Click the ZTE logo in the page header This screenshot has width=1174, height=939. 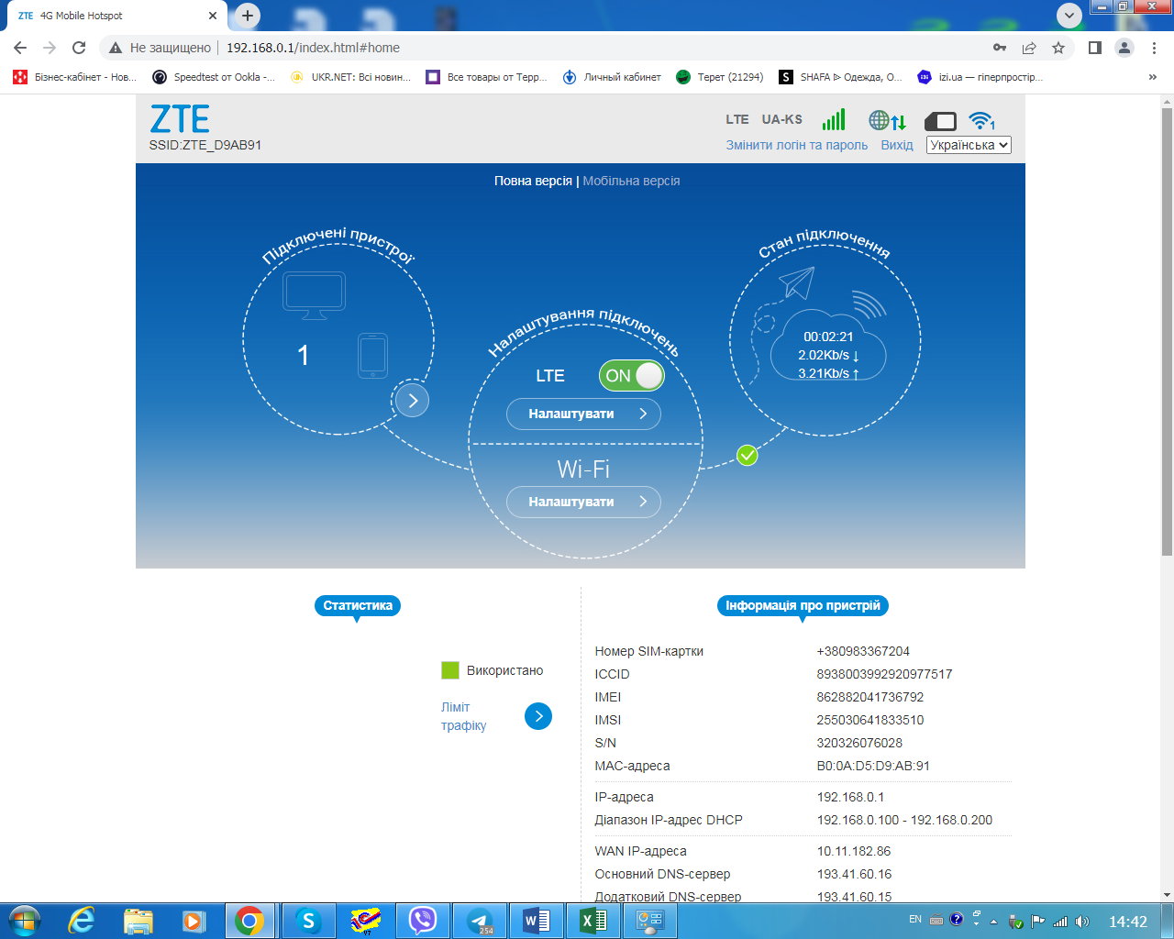click(x=180, y=118)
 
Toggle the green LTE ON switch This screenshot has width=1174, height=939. click(x=631, y=375)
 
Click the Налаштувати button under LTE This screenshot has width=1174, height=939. click(x=583, y=414)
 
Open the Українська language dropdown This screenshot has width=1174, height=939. click(x=969, y=145)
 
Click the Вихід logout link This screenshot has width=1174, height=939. click(x=896, y=145)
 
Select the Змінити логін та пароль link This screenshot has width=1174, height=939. click(x=796, y=145)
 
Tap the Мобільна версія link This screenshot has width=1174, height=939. click(x=631, y=181)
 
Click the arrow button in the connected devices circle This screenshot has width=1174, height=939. click(x=413, y=401)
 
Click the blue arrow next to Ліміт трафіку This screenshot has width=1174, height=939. click(x=537, y=716)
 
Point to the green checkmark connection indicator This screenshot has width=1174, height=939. click(x=747, y=455)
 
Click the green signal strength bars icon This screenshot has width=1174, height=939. click(x=834, y=119)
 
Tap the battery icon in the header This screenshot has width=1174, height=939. click(x=940, y=121)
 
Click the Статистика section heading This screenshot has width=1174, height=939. click(x=358, y=605)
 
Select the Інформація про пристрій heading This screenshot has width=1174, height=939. click(x=803, y=605)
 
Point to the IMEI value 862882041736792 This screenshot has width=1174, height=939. click(x=869, y=697)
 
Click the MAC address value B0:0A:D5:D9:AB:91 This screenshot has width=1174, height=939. click(x=873, y=766)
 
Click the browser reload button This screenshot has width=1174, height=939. click(x=79, y=48)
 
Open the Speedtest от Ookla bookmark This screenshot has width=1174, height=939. click(x=214, y=77)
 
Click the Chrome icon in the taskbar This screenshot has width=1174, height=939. click(x=249, y=921)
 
